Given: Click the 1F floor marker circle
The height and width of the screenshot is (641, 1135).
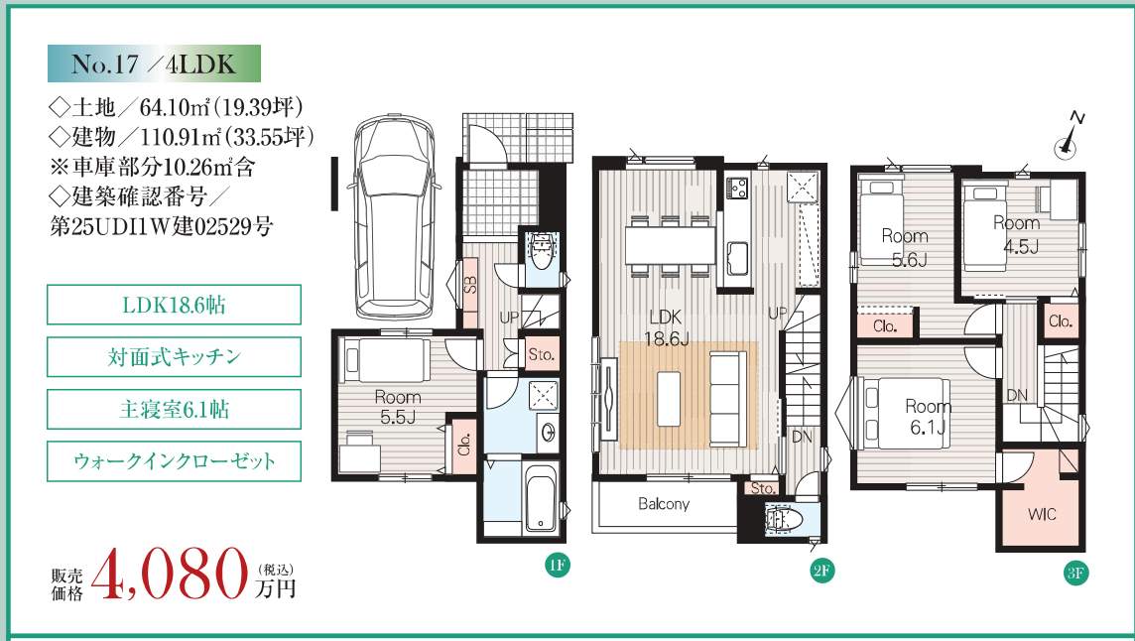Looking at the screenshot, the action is pyautogui.click(x=557, y=565).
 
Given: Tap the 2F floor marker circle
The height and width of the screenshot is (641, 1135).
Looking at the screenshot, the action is pyautogui.click(x=821, y=571).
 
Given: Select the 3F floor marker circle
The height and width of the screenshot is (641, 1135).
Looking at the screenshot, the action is pyautogui.click(x=1075, y=573).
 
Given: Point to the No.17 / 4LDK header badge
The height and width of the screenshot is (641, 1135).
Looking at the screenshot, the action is pyautogui.click(x=154, y=64).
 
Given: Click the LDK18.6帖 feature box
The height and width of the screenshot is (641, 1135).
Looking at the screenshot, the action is pyautogui.click(x=174, y=305).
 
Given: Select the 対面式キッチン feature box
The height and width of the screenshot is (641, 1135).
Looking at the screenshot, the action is pyautogui.click(x=174, y=356).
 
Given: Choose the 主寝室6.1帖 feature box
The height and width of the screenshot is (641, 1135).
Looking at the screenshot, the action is pyautogui.click(x=174, y=409).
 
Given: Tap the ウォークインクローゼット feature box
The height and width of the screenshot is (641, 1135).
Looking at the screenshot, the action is pyautogui.click(x=174, y=461).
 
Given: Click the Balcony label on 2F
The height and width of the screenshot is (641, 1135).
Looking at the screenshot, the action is pyautogui.click(x=663, y=504).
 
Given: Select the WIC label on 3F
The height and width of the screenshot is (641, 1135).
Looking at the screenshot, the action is pyautogui.click(x=1042, y=514).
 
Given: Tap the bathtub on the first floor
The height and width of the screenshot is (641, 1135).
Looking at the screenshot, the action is pyautogui.click(x=540, y=497).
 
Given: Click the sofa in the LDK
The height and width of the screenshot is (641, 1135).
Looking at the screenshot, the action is pyautogui.click(x=727, y=399).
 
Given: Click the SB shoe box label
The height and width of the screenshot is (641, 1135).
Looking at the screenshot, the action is pyautogui.click(x=469, y=285).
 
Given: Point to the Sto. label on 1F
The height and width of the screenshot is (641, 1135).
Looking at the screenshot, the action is pyautogui.click(x=542, y=355).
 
